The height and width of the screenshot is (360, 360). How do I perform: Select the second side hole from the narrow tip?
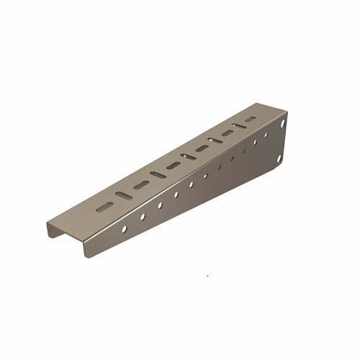point(143,216)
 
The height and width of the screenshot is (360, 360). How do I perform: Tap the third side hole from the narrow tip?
point(160,205)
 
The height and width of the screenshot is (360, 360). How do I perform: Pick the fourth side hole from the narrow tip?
point(176,194)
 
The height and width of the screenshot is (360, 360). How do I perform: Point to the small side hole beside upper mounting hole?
point(268,135)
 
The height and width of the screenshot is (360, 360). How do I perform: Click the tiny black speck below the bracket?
point(207,275)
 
